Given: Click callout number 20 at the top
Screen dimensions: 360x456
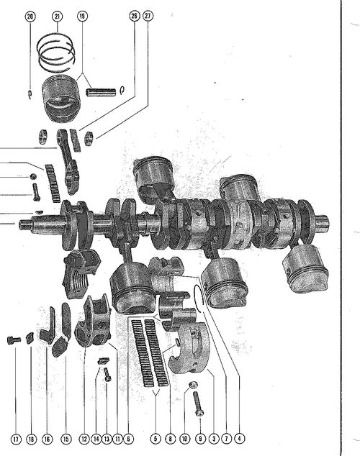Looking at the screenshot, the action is [x=30, y=17].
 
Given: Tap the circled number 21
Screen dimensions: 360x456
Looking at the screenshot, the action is [x=58, y=17].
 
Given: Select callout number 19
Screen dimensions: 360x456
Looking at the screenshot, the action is [x=82, y=17].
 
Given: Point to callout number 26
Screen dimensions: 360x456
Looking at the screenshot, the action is [x=134, y=16].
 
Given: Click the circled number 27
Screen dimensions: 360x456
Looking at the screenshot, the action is [x=148, y=16].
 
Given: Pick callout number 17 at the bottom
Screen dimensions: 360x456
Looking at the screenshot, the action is [x=16, y=439].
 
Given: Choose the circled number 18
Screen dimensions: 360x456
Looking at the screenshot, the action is [x=31, y=439].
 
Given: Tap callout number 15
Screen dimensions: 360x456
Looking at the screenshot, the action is [x=66, y=439].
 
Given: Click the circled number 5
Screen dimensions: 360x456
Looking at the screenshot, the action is [x=156, y=439].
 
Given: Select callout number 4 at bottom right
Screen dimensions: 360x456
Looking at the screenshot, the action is [x=239, y=439].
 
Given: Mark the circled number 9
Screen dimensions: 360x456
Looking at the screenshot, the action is [x=200, y=439].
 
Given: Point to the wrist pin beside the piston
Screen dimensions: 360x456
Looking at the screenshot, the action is [x=101, y=92].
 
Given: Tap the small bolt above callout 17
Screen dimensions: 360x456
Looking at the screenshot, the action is [x=14, y=339].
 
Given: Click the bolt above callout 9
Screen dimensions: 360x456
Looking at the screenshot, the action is [x=198, y=404].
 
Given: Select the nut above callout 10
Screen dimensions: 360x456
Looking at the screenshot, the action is [x=193, y=385].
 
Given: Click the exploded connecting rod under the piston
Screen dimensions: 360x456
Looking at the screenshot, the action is [x=68, y=161].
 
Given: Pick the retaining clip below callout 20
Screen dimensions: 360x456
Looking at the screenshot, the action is [x=30, y=95].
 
